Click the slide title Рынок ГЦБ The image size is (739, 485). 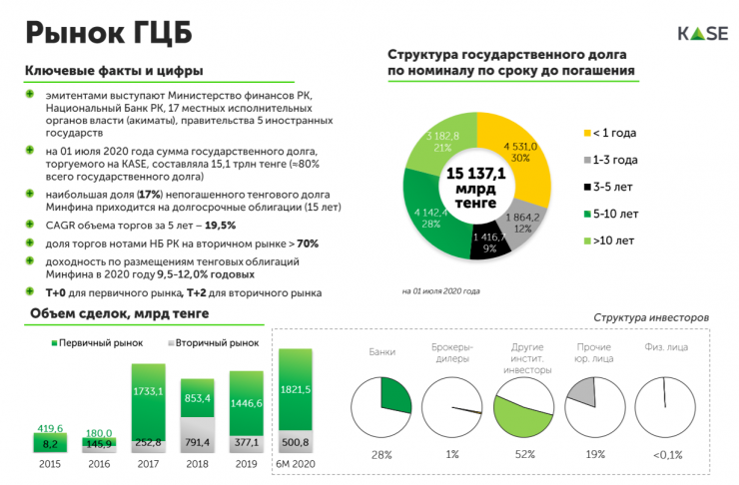109,32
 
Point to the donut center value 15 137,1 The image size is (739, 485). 476,175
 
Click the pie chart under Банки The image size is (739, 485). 380,407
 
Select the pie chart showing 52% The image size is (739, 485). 524,407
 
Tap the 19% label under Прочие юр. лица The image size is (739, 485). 594,455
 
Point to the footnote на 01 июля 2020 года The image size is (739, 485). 440,291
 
